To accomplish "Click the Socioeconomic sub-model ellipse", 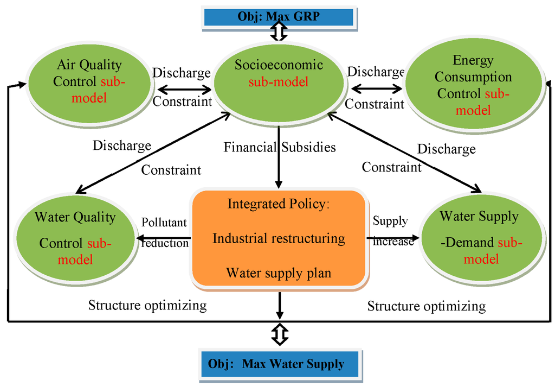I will (279, 81).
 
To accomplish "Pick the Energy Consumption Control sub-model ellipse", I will (474, 85).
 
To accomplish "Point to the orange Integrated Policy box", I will (279, 239).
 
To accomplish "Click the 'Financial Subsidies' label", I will (280, 147).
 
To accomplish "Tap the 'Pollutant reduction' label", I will (164, 232).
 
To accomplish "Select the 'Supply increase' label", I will (392, 230).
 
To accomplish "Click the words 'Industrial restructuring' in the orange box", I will (279, 238).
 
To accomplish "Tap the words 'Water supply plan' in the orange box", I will (279, 272).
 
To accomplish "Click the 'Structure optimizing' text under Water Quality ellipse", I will (147, 306).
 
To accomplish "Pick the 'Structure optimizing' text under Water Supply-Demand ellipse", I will (427, 306).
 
